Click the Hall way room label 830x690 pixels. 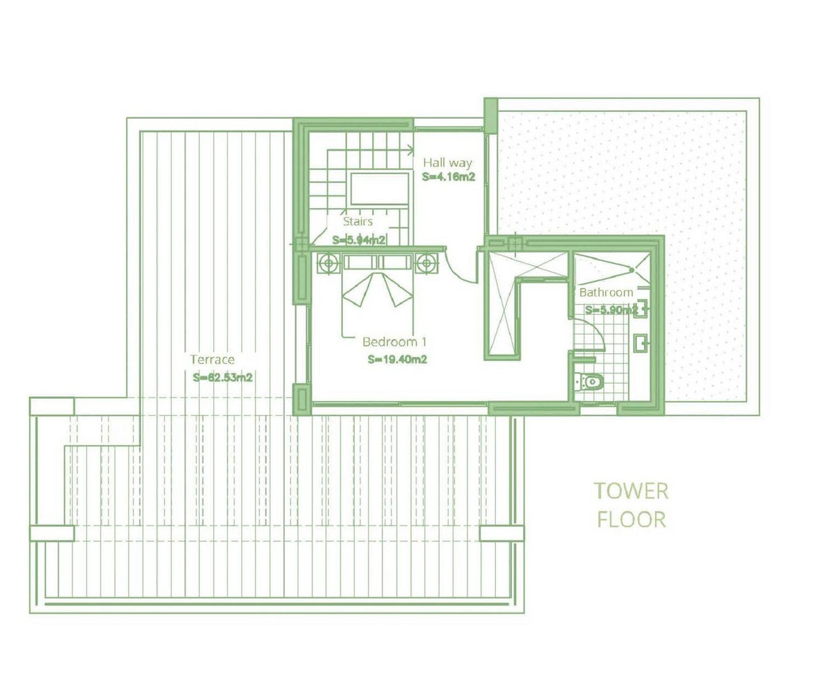pyautogui.click(x=448, y=163)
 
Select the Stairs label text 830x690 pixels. pyautogui.click(x=358, y=222)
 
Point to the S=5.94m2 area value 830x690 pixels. pyautogui.click(x=358, y=240)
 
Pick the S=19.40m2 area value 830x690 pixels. pyautogui.click(x=397, y=360)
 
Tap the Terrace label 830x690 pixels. pyautogui.click(x=213, y=360)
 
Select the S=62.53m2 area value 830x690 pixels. pyautogui.click(x=221, y=377)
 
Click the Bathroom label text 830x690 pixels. pyautogui.click(x=606, y=292)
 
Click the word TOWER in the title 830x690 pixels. pyautogui.click(x=631, y=492)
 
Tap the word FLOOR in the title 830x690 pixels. pyautogui.click(x=631, y=519)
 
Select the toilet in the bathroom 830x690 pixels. pyautogui.click(x=589, y=380)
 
